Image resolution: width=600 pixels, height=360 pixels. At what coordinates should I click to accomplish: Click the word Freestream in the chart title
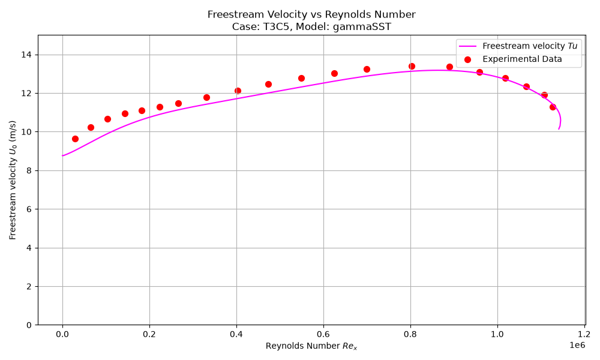231,14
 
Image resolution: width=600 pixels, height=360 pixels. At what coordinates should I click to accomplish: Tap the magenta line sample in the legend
467,46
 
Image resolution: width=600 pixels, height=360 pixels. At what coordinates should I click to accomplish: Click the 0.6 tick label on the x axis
323,334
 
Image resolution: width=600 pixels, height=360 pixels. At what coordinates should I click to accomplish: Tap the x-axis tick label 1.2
584,334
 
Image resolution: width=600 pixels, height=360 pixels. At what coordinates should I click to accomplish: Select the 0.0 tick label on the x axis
62,334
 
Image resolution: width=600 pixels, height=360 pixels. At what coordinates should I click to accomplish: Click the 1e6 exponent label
577,345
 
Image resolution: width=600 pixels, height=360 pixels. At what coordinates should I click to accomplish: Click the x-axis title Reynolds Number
302,346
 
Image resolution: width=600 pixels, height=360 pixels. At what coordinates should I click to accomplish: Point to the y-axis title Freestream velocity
12,194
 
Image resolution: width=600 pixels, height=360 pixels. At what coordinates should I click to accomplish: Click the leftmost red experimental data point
76,139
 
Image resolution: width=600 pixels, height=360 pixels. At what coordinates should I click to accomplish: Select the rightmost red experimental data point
553,107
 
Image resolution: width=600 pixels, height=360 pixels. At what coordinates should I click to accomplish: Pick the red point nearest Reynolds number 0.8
412,67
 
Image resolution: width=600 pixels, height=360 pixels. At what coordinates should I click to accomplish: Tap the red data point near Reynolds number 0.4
238,91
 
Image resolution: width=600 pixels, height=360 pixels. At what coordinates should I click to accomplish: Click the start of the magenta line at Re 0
62,156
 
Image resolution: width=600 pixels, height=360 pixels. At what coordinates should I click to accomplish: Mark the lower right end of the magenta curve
559,129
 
